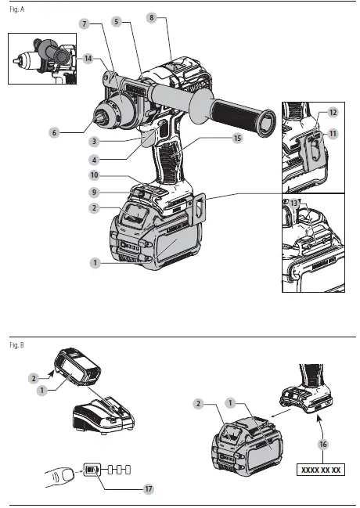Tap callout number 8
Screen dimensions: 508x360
(x=151, y=16)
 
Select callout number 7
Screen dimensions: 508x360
(x=84, y=25)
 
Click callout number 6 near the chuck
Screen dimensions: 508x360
(x=54, y=133)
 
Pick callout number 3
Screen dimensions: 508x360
(x=93, y=142)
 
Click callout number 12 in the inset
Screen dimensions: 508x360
(x=332, y=113)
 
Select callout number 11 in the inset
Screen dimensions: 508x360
(x=332, y=135)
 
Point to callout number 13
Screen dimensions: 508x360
(x=293, y=204)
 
